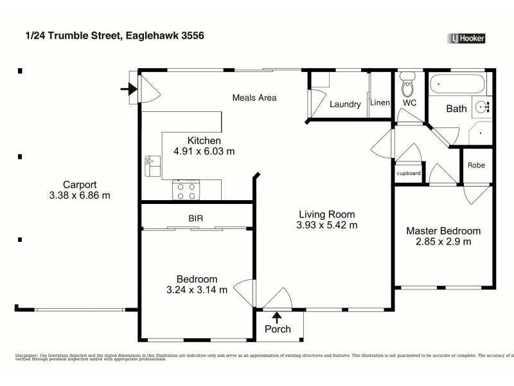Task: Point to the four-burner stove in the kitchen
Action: tap(186, 190)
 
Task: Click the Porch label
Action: tap(278, 329)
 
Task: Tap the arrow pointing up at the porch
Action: tap(278, 316)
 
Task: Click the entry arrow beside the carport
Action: tap(126, 90)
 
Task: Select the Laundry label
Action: tap(345, 104)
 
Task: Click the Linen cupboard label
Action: tap(380, 104)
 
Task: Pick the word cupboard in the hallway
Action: tap(409, 174)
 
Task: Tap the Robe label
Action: tap(476, 165)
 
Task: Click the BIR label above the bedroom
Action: tap(196, 219)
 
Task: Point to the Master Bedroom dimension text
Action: tap(443, 242)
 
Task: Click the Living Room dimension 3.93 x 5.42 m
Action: tap(326, 225)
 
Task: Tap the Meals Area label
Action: tap(254, 98)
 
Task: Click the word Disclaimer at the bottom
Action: tap(26, 355)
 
